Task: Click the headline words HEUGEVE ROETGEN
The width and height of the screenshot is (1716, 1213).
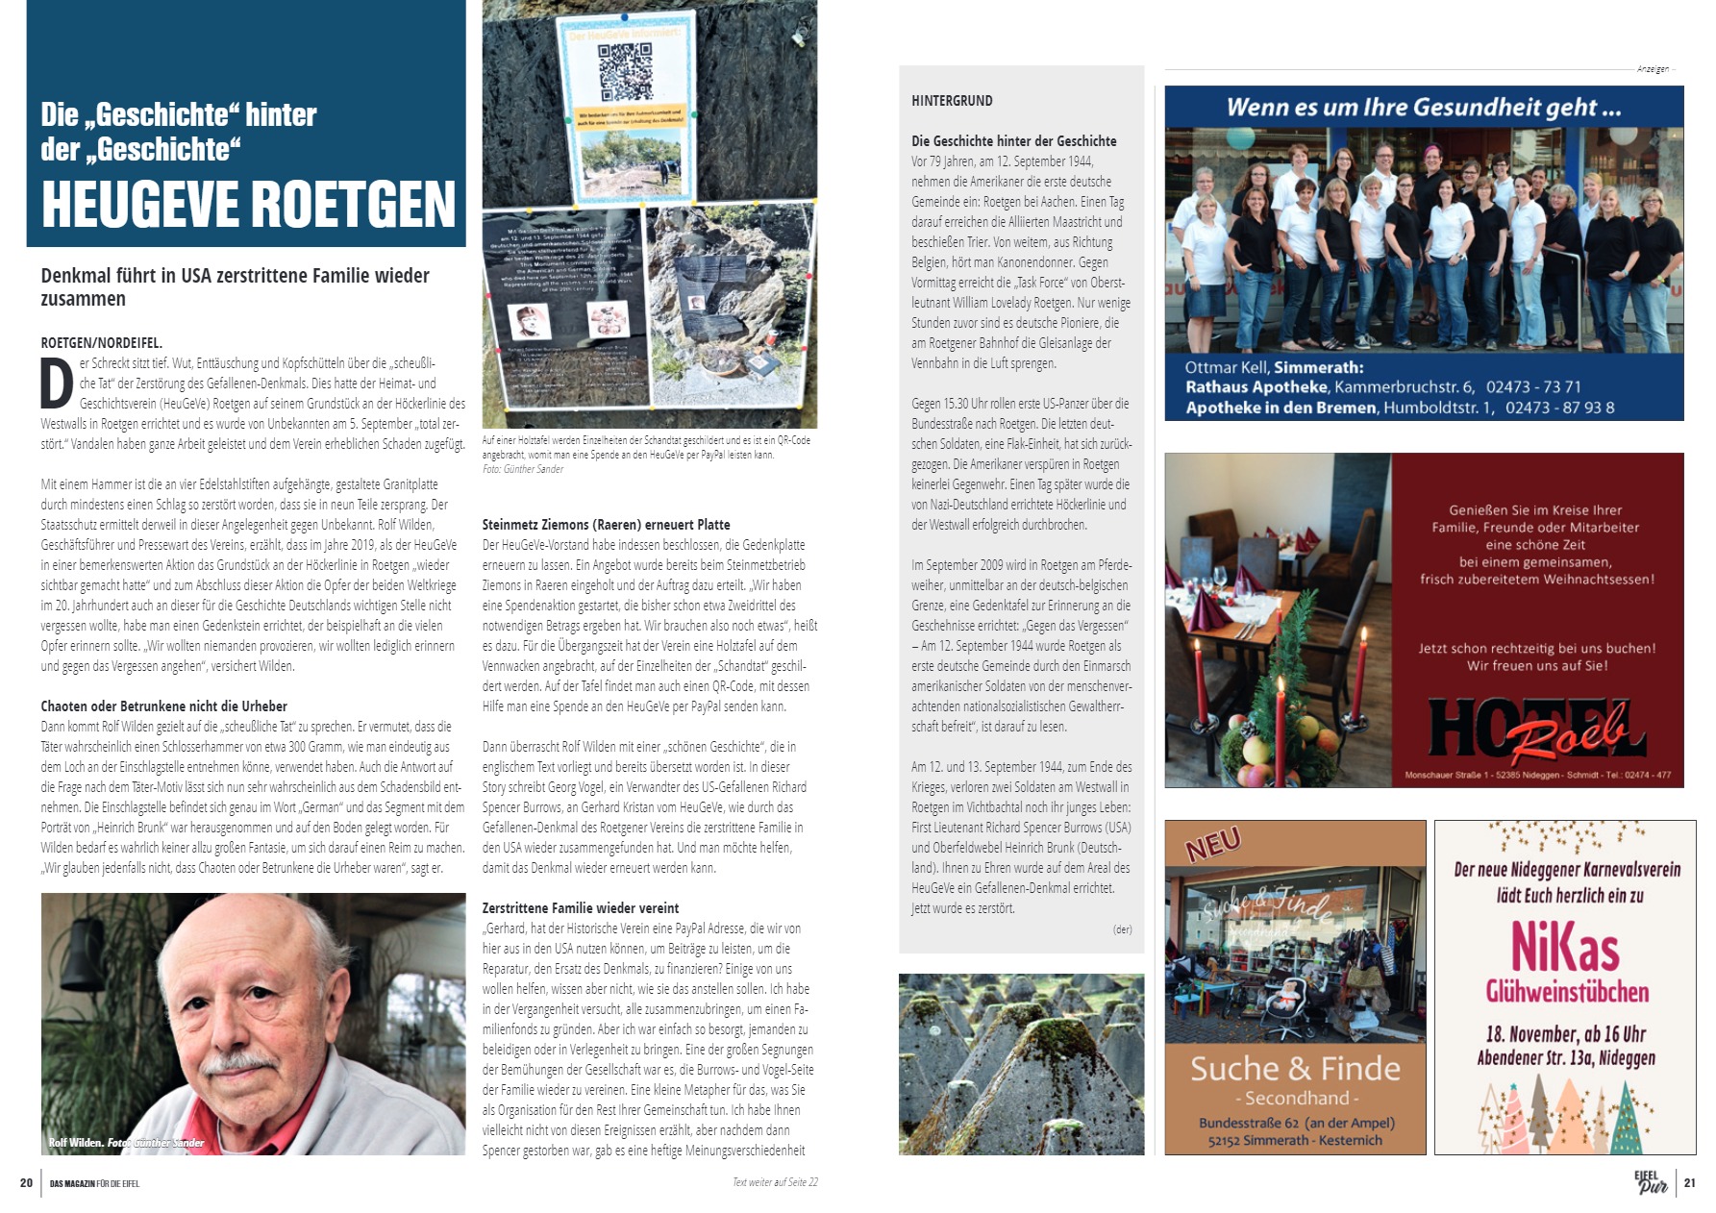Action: (248, 204)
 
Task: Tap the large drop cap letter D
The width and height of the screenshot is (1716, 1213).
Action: (57, 384)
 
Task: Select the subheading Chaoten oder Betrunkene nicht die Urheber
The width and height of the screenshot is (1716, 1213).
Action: (163, 706)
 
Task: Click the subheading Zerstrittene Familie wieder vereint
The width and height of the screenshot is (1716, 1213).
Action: (580, 908)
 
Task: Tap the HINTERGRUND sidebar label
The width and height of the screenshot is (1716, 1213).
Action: (952, 101)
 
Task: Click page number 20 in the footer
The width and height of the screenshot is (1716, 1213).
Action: (26, 1183)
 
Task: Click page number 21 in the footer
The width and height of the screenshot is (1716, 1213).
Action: (1690, 1183)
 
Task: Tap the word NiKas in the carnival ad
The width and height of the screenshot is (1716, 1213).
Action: (1565, 946)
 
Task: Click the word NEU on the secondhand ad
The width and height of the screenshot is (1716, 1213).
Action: (1214, 844)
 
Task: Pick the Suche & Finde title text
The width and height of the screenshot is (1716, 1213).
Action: (1294, 1069)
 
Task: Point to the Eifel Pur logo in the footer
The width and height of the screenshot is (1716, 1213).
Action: (1651, 1182)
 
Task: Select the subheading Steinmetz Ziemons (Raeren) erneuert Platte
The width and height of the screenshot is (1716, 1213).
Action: (606, 525)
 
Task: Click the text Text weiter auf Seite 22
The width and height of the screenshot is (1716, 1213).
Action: (775, 1182)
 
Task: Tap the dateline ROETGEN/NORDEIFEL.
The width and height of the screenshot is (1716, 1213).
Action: (101, 343)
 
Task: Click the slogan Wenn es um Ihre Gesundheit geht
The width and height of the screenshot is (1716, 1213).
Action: (1423, 108)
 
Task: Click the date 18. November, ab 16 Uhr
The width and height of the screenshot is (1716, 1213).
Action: (1565, 1034)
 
